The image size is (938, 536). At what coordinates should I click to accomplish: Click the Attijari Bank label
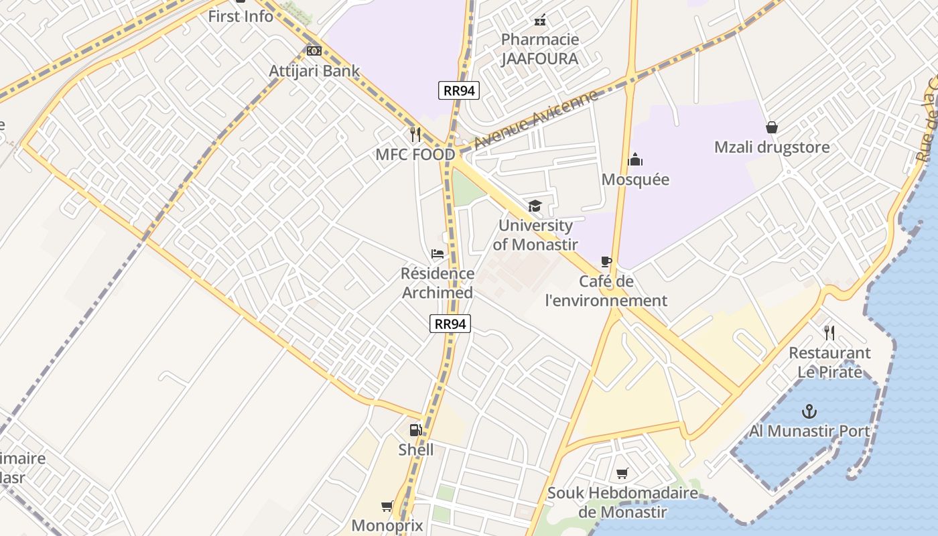point(314,71)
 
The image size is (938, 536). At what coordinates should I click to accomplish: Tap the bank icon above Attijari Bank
point(314,51)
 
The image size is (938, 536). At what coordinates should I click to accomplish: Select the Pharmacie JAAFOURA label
point(539,49)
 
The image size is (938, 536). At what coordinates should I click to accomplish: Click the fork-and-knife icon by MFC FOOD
point(415,135)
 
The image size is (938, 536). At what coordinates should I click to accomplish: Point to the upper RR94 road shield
point(459,90)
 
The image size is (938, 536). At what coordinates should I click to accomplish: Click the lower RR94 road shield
point(450,324)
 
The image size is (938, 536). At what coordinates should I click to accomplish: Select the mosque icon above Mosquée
point(634,159)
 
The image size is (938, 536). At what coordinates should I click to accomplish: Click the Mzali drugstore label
point(772,147)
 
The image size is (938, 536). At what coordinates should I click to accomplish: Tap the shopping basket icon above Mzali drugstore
point(772,127)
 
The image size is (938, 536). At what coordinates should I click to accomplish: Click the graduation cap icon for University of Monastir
point(535,206)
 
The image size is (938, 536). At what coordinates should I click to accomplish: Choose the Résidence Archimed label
point(438,283)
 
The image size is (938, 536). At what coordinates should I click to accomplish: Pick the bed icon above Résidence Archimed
point(438,254)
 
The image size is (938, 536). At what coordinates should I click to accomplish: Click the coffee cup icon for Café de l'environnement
point(606,261)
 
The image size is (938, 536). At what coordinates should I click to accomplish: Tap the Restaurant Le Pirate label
point(829,362)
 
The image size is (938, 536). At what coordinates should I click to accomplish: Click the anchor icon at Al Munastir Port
point(809,411)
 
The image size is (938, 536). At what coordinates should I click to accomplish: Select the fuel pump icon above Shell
point(416,429)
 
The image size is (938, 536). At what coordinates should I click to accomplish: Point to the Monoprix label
point(387,526)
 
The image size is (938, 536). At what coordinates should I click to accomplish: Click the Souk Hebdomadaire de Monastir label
point(622,503)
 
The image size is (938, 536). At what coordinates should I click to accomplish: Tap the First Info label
point(241,16)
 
